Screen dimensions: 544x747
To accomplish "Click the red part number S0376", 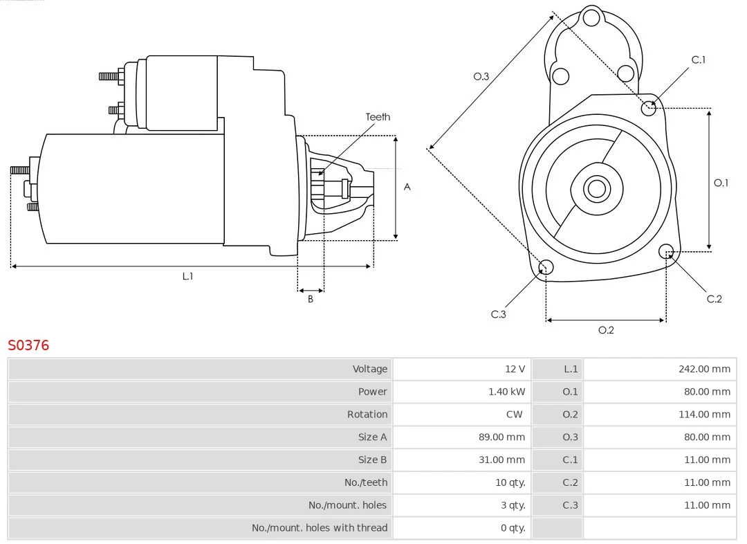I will point(28,345).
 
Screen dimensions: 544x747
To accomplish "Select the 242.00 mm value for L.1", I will point(704,369).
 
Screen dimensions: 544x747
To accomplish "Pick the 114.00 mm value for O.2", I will point(704,415).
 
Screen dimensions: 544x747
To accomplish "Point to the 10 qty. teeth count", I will point(510,482).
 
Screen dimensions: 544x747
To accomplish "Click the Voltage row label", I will point(369,369).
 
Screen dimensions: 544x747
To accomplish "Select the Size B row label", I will point(372,460).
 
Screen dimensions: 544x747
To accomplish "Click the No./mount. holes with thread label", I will point(320,528).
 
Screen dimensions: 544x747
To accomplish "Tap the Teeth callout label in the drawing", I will point(378,117).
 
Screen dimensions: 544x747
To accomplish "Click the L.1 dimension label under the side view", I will point(187,276).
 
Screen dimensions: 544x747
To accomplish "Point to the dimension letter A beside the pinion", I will point(407,187).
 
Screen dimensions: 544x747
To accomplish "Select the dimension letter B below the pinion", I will point(311,299).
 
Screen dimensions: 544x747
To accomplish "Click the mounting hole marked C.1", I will point(649,107).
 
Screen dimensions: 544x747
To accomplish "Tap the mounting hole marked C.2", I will point(666,251).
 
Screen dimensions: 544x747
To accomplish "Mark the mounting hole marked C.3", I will point(546,268).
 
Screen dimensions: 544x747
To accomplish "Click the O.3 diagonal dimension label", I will point(481,76).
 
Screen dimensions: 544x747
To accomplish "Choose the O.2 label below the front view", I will point(606,330).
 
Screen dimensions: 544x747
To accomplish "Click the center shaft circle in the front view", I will point(596,188).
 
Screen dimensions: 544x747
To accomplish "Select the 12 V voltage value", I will point(515,369).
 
